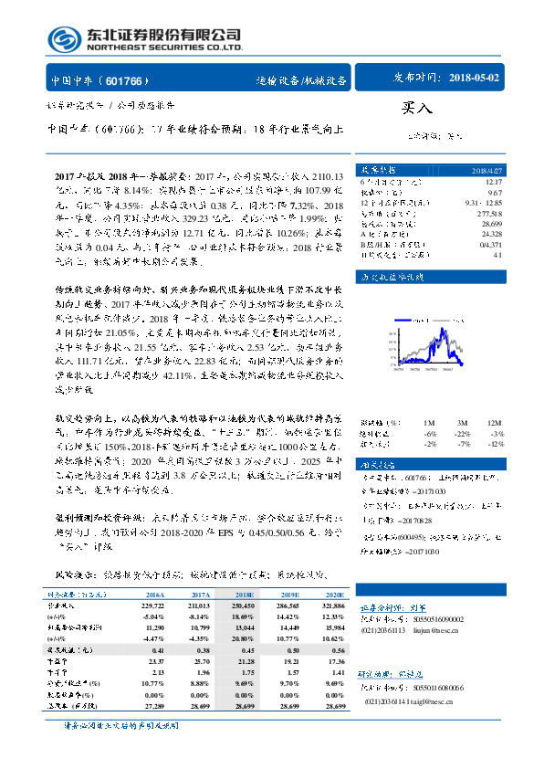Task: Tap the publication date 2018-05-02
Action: pos(475,79)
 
